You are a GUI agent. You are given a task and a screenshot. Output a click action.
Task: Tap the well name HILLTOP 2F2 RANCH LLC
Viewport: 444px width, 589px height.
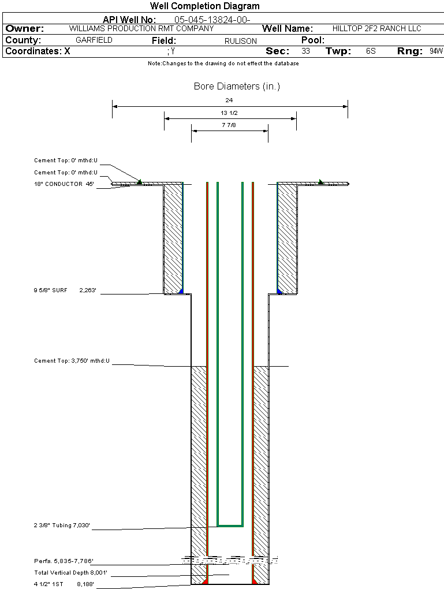coord(377,28)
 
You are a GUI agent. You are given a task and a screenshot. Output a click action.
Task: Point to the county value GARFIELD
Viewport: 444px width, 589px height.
coord(94,40)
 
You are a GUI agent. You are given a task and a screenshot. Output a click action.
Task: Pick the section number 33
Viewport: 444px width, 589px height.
coord(305,51)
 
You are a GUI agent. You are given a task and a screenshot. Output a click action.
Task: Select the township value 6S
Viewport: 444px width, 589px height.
coord(371,51)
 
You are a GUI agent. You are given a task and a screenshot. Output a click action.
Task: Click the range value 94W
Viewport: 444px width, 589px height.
coord(436,51)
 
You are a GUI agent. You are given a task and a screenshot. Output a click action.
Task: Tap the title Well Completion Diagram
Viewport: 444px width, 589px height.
coord(204,6)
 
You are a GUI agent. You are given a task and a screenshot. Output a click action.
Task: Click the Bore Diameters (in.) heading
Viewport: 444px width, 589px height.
coord(237,87)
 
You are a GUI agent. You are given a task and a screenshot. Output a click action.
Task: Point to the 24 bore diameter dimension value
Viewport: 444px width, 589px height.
coord(229,100)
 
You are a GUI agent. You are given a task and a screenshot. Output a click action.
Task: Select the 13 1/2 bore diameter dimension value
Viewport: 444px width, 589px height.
coord(229,113)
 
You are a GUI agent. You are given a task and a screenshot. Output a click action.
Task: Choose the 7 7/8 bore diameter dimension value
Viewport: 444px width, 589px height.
coord(229,125)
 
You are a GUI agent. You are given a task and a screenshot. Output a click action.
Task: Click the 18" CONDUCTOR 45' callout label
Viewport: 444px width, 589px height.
coord(64,184)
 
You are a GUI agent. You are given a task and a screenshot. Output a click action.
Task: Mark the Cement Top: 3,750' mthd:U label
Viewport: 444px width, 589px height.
coord(72,361)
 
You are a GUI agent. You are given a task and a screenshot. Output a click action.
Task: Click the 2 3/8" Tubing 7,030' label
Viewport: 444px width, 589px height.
coord(62,525)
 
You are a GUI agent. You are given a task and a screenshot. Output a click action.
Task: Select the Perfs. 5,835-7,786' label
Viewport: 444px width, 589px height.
coord(64,561)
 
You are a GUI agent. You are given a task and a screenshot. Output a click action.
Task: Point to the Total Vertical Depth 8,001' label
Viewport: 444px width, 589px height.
coord(71,573)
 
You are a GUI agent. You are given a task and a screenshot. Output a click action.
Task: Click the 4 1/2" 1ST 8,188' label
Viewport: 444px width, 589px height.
coord(64,584)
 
